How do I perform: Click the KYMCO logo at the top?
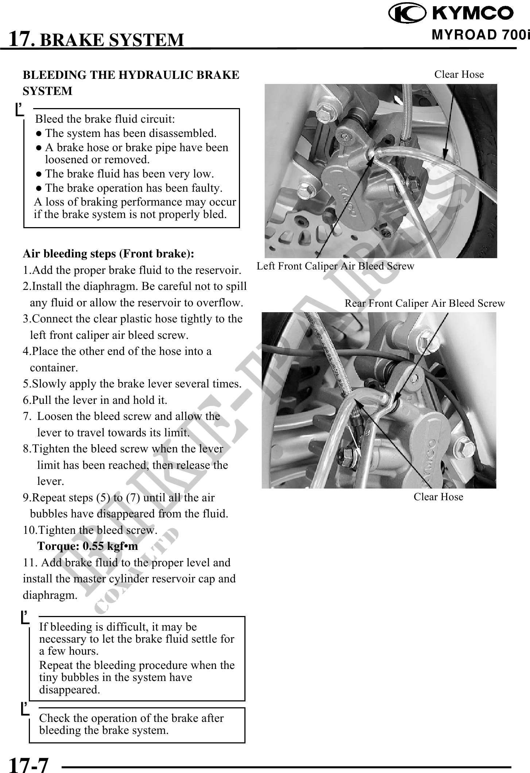click(451, 14)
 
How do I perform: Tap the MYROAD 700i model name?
click(480, 35)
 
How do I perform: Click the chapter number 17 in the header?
click(21, 39)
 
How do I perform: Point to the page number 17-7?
click(28, 764)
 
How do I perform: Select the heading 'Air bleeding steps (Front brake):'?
click(108, 253)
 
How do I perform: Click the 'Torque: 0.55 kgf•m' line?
click(88, 546)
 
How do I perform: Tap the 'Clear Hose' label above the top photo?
click(459, 74)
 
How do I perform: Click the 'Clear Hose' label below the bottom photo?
click(438, 497)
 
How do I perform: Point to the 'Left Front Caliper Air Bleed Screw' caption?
click(335, 266)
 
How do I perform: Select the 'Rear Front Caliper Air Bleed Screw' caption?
click(425, 303)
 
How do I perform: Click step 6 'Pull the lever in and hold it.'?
click(95, 400)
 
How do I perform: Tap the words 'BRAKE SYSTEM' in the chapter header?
click(111, 39)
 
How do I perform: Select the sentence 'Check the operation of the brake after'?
click(131, 718)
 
